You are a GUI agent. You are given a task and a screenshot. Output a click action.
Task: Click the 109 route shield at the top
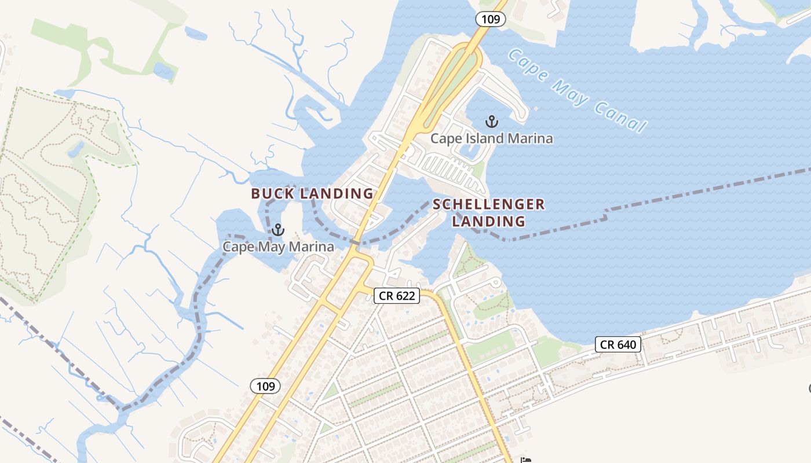[x=491, y=19]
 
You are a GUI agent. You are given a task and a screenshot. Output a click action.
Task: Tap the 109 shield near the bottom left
[x=265, y=386]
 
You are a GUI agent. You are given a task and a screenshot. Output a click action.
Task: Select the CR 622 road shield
[x=397, y=296]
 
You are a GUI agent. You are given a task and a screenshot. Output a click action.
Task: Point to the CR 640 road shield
[x=618, y=345]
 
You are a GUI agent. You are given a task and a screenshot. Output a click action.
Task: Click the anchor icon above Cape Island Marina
[x=492, y=122]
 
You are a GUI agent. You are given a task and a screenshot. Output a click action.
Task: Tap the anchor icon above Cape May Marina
[x=278, y=230]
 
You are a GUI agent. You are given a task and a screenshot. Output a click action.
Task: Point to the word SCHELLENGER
[x=489, y=204]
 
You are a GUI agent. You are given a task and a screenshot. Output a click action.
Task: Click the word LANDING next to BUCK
[x=337, y=194]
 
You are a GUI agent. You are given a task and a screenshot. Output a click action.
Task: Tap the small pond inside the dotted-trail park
[x=75, y=150]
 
